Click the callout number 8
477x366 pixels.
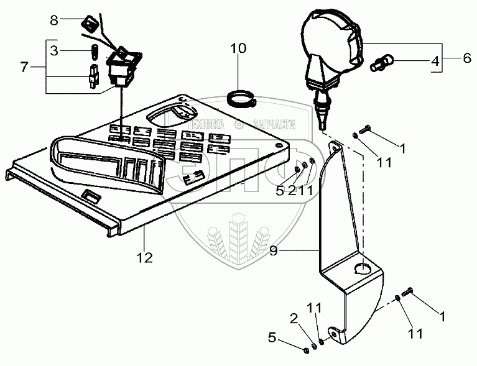pyautogui.click(x=54, y=21)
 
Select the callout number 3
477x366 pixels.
pyautogui.click(x=54, y=50)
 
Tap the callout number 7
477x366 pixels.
pyautogui.click(x=24, y=66)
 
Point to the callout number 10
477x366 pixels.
pyautogui.click(x=239, y=47)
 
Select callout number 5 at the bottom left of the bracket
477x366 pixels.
pyautogui.click(x=271, y=338)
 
